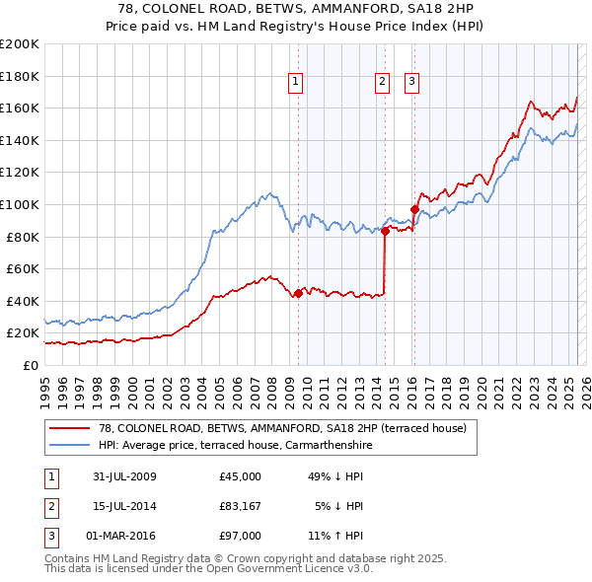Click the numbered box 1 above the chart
(296, 82)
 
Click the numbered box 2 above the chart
(382, 82)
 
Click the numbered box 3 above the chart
(411, 82)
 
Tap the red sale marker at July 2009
(298, 293)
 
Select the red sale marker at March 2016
(413, 209)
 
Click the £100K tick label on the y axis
(20, 204)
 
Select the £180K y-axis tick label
(20, 75)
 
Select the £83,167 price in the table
(241, 506)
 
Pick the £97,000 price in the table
(241, 536)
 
